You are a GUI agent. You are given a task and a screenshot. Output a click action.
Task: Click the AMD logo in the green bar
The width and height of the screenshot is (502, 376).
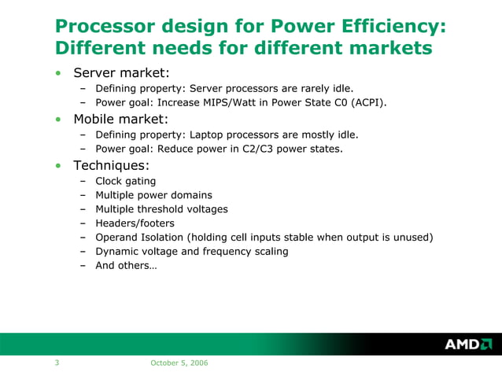click(x=468, y=344)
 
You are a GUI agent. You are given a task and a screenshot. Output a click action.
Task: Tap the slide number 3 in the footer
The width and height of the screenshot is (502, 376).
click(x=57, y=363)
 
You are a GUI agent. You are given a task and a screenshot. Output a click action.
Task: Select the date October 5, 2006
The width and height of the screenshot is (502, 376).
click(x=179, y=363)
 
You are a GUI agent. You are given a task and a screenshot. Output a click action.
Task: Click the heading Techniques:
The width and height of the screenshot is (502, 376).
click(x=111, y=166)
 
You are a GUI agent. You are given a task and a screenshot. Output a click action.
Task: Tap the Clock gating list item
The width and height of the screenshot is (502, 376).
click(x=125, y=181)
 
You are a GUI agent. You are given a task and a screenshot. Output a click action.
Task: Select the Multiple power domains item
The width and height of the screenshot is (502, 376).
click(x=153, y=195)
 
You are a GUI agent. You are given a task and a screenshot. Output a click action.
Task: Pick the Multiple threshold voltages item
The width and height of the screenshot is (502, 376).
click(x=161, y=209)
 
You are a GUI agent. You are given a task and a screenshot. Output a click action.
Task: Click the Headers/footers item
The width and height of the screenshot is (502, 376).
click(x=135, y=223)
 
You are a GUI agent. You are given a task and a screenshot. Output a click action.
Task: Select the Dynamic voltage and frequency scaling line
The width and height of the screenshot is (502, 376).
click(x=191, y=252)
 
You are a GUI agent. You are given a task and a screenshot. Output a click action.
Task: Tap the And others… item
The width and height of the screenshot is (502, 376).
click(x=126, y=266)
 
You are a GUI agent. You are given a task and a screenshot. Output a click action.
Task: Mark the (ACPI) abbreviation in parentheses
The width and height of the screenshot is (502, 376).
click(x=370, y=102)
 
